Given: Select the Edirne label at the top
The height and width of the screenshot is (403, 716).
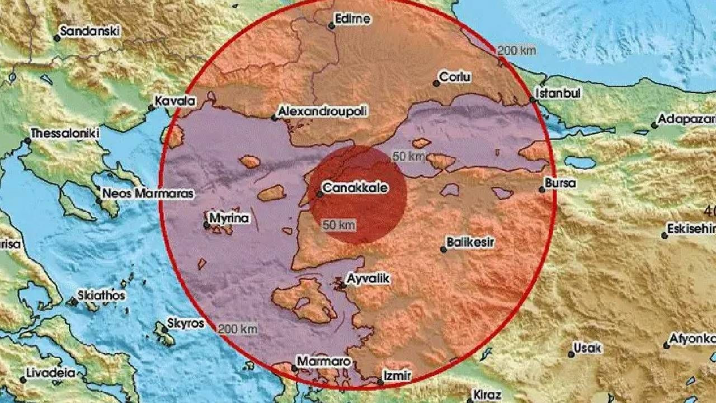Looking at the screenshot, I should coord(352,18).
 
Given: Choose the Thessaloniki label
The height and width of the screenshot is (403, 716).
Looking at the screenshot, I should coord(65,133).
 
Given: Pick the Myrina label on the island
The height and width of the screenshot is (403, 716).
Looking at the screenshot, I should coord(229,218).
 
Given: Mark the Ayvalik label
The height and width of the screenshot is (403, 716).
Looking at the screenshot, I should coord(368,278).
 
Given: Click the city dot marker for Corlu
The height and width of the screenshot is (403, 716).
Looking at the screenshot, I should coord(436,83).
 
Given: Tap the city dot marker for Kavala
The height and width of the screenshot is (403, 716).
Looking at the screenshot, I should coord(151,108).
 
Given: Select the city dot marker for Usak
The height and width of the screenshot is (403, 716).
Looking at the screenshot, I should coord(571,354).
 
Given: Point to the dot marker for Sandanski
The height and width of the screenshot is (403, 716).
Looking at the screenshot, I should coord(56,38).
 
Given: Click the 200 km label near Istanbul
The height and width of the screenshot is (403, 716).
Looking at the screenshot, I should coord(516,50).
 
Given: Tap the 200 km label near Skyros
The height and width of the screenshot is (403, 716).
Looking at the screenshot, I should coord(238,329).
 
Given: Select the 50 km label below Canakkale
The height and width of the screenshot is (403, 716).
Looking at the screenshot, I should coord(339,225).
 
